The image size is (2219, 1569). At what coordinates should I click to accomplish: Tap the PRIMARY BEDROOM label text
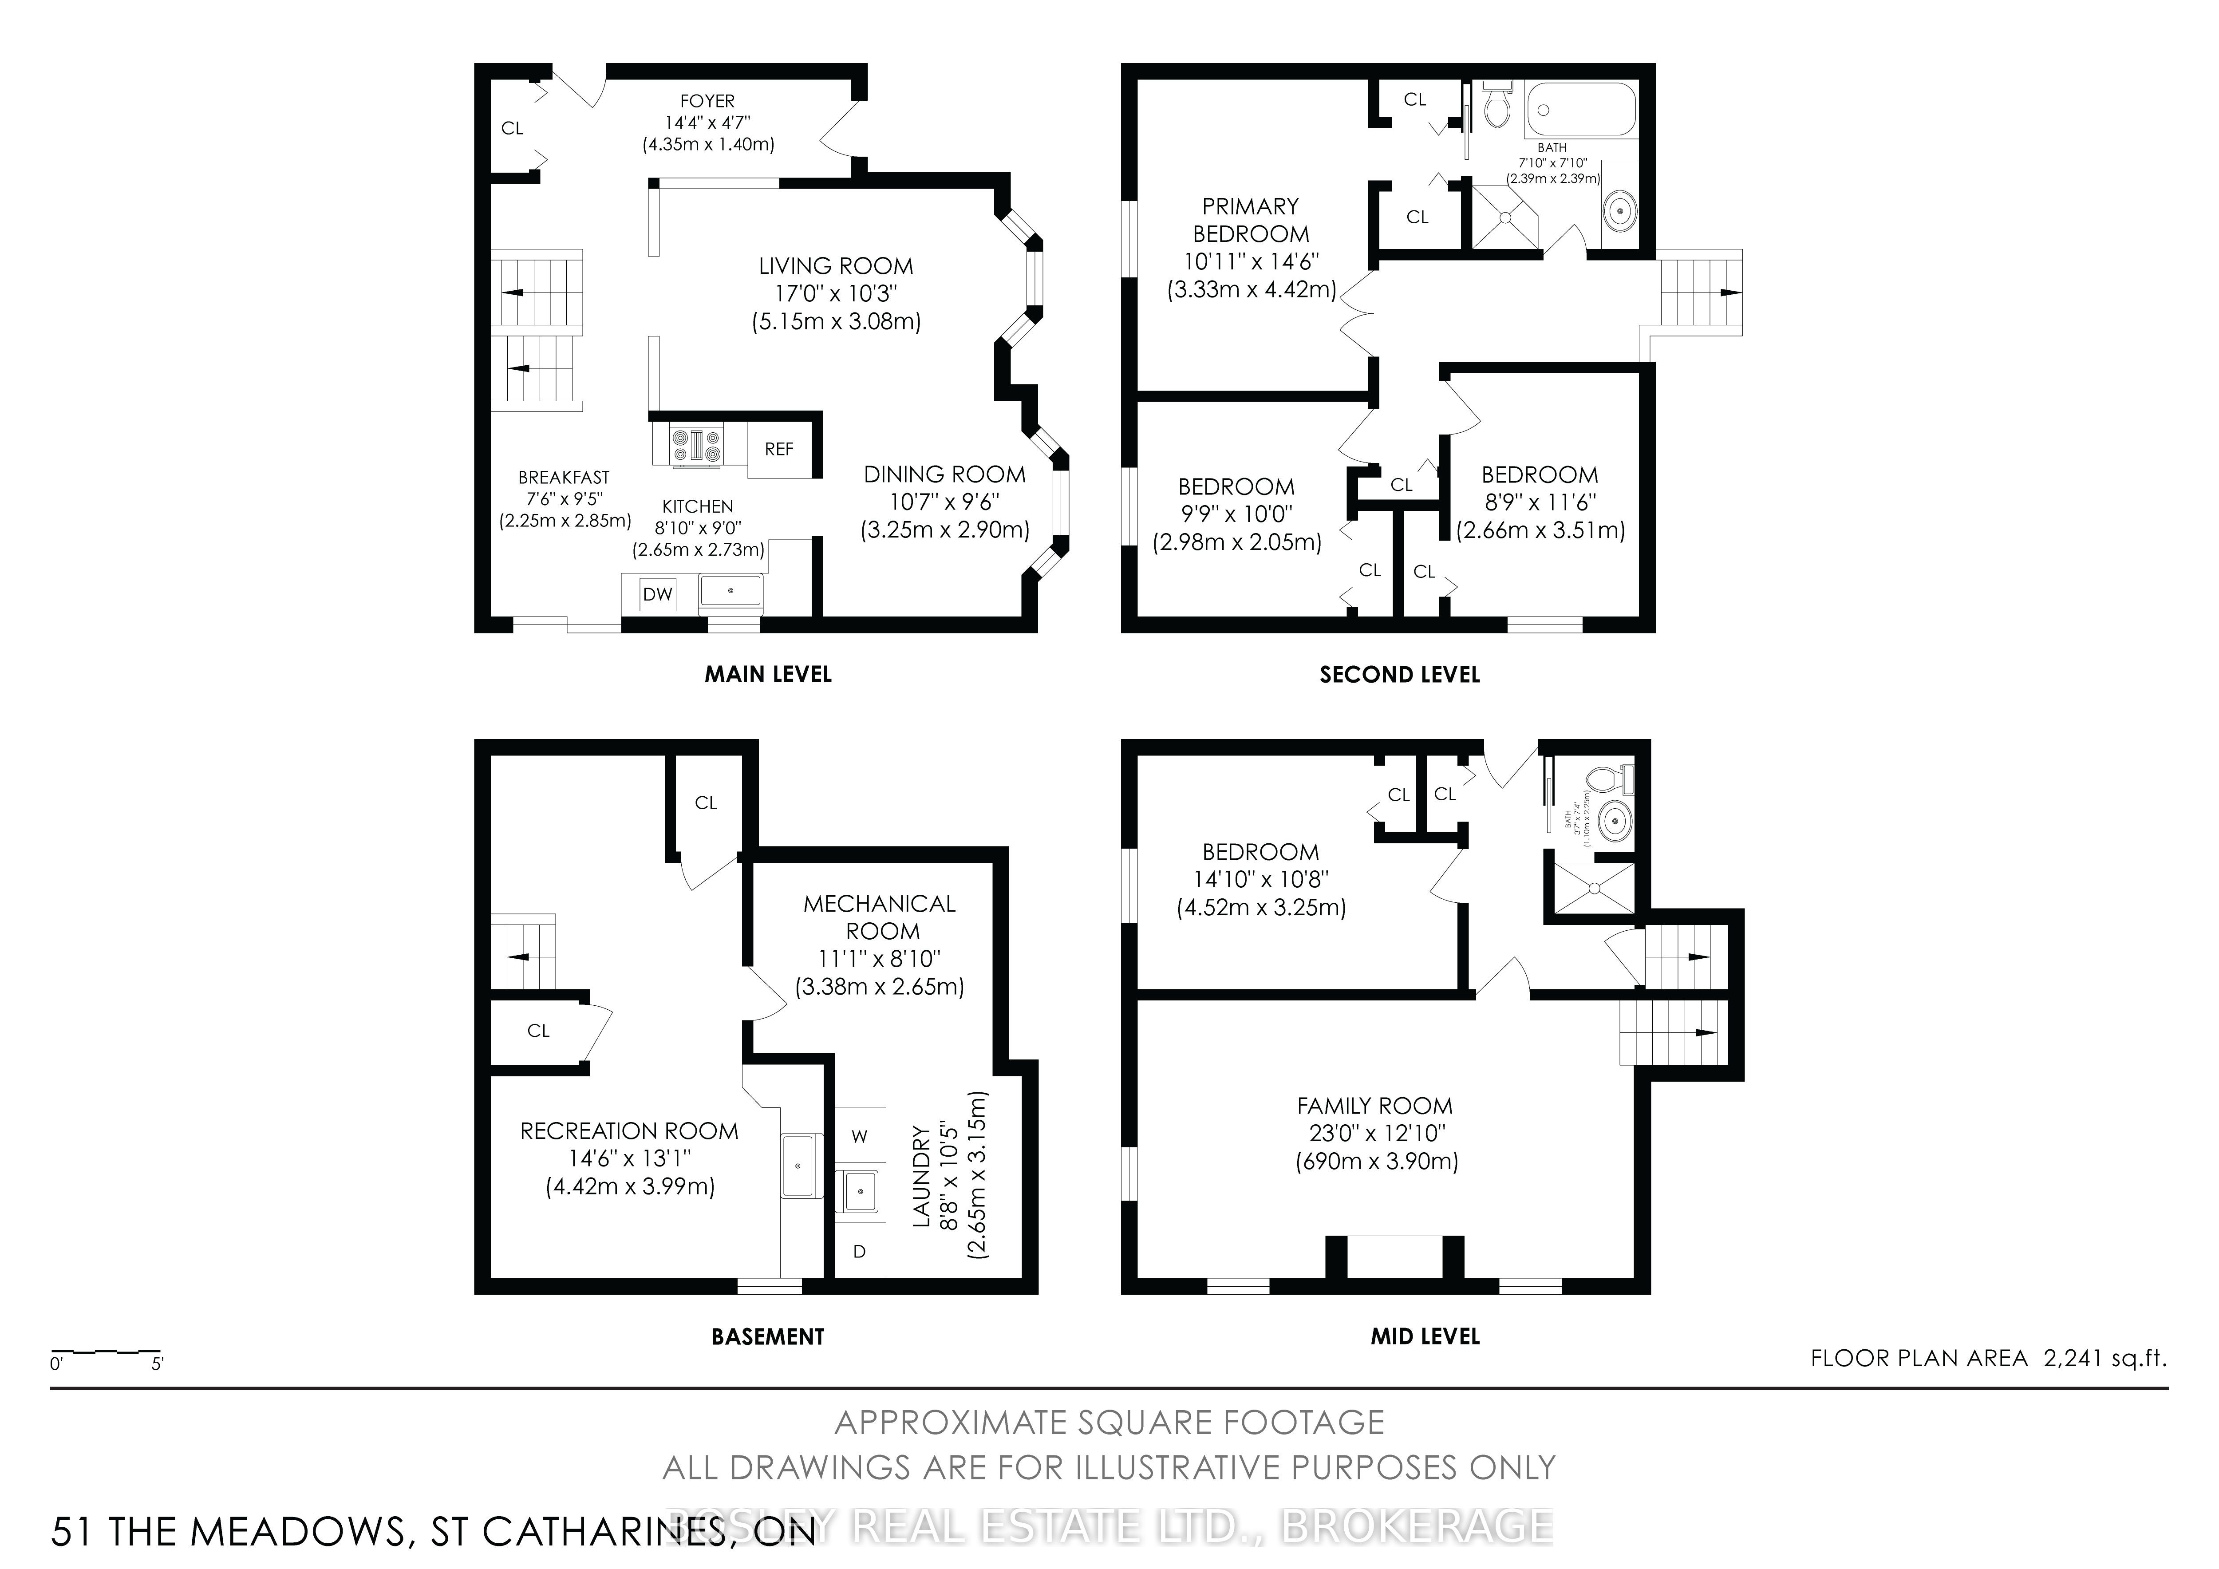(1251, 221)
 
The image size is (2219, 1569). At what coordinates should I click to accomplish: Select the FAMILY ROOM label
(1374, 1106)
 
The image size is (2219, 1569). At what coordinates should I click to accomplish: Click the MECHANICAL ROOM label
(880, 917)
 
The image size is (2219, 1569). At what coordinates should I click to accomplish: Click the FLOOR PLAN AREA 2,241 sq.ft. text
(1988, 1358)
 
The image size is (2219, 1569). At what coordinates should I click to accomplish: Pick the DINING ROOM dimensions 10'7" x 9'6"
(944, 502)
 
